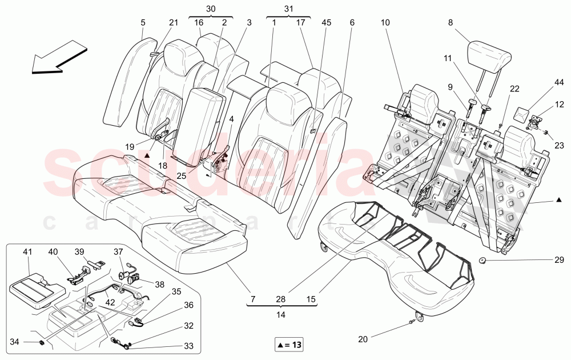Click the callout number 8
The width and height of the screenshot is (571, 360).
coord(451,23)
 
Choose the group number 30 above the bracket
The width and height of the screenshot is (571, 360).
coord(211,9)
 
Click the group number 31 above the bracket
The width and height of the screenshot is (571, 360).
coord(288,9)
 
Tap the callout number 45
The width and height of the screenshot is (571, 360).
coord(326,23)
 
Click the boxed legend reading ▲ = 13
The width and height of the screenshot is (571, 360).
coord(289,345)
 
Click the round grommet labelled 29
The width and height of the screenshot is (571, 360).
coord(482,261)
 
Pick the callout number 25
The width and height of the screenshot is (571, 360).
coord(180,176)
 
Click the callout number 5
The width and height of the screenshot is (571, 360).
coord(143,23)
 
